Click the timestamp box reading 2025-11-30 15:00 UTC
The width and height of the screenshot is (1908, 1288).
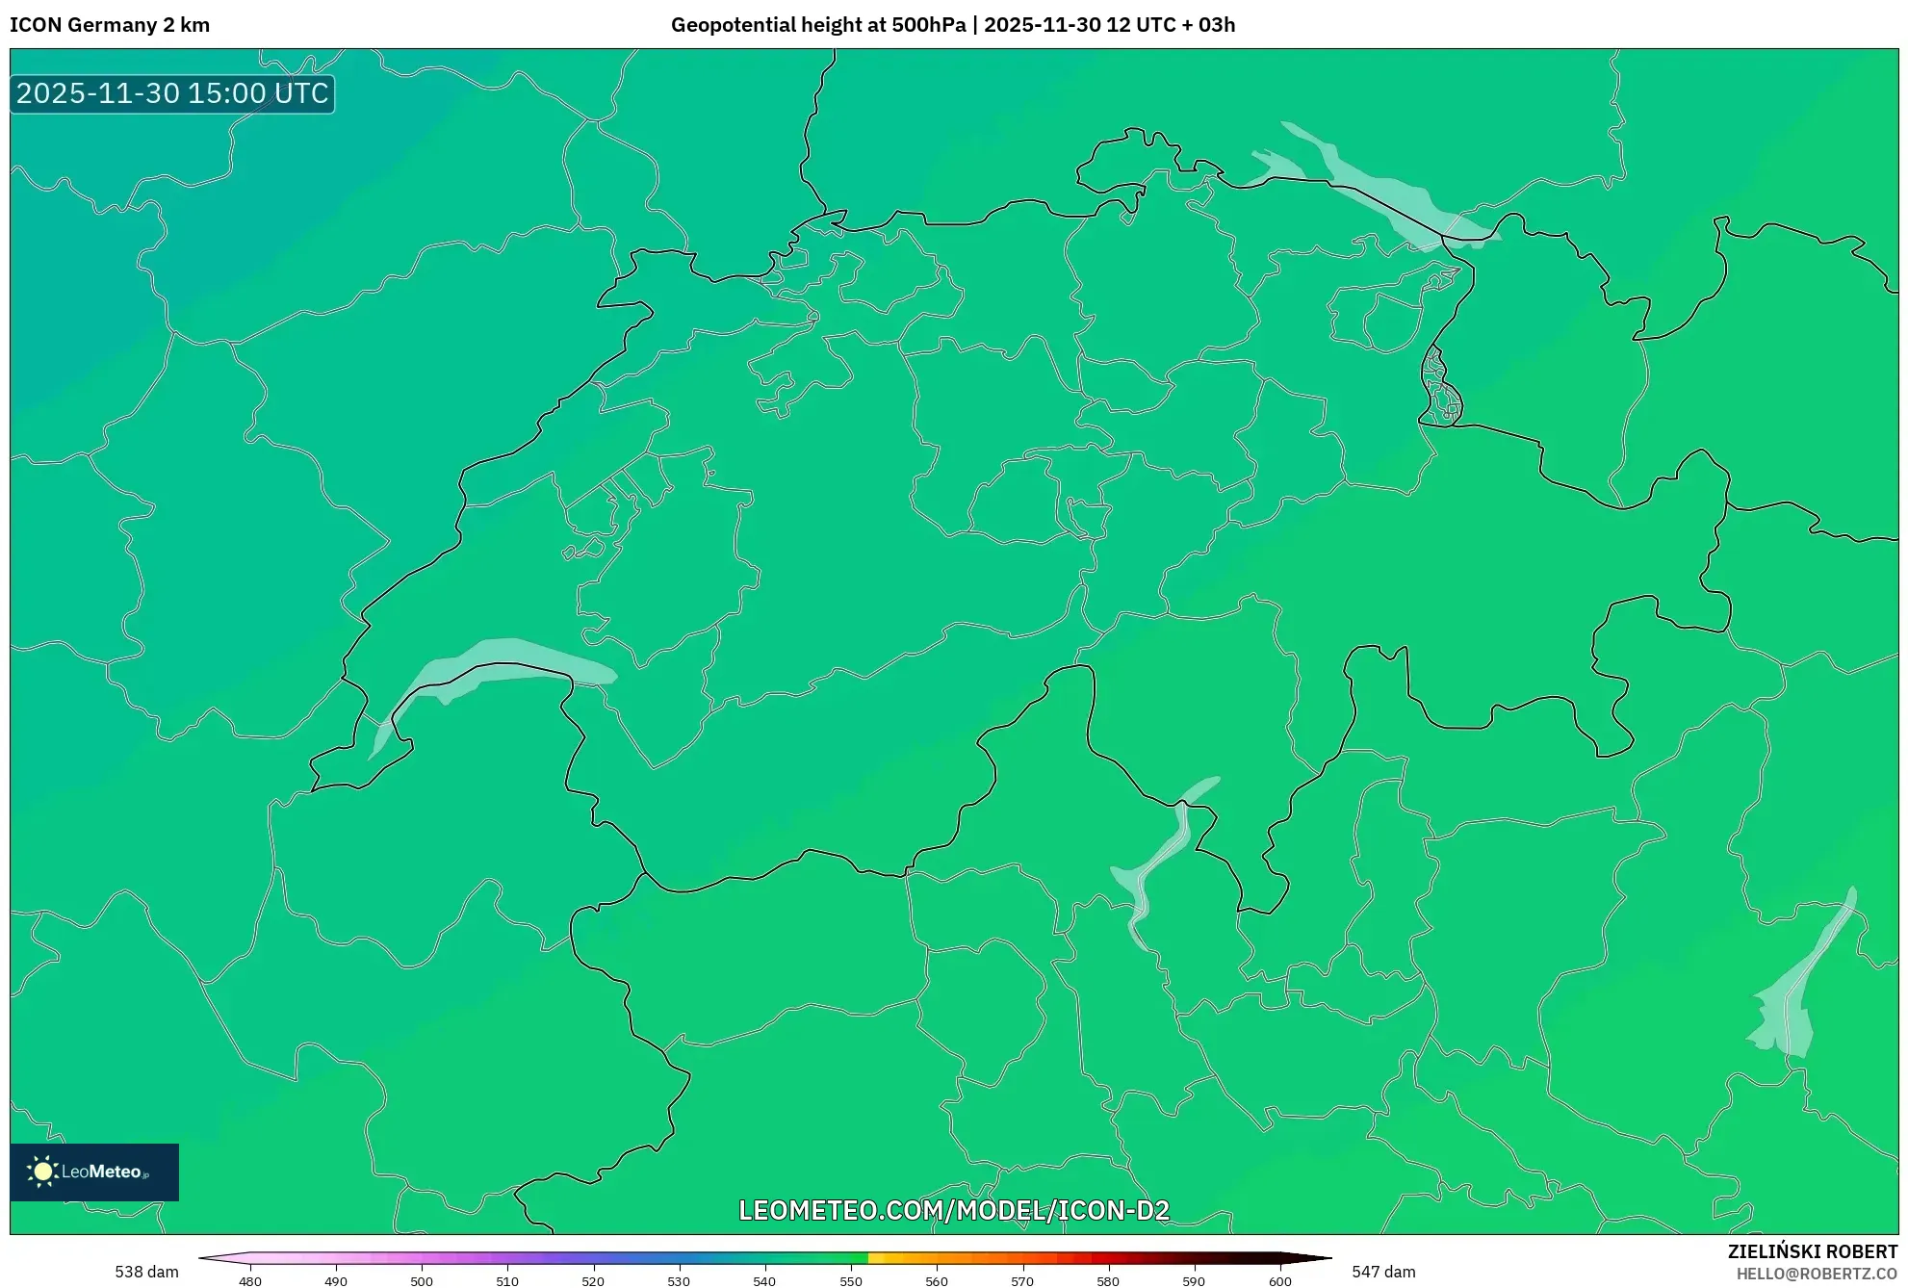(172, 94)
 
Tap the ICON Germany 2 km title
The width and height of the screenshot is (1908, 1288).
(110, 25)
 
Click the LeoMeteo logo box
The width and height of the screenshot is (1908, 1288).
(94, 1172)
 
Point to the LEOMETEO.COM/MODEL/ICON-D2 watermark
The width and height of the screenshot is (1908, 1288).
(953, 1211)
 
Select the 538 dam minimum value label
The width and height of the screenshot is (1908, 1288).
(146, 1272)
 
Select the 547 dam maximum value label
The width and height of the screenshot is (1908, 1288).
(1383, 1272)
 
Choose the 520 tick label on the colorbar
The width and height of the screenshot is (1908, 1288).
(593, 1281)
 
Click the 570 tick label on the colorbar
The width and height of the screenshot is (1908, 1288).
(1022, 1281)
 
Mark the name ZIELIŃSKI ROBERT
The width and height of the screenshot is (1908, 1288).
(1813, 1251)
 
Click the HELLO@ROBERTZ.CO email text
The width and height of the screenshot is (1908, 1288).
(1817, 1274)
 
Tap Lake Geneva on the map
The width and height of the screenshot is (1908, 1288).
(501, 664)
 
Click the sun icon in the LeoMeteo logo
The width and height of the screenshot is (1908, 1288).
(42, 1172)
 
